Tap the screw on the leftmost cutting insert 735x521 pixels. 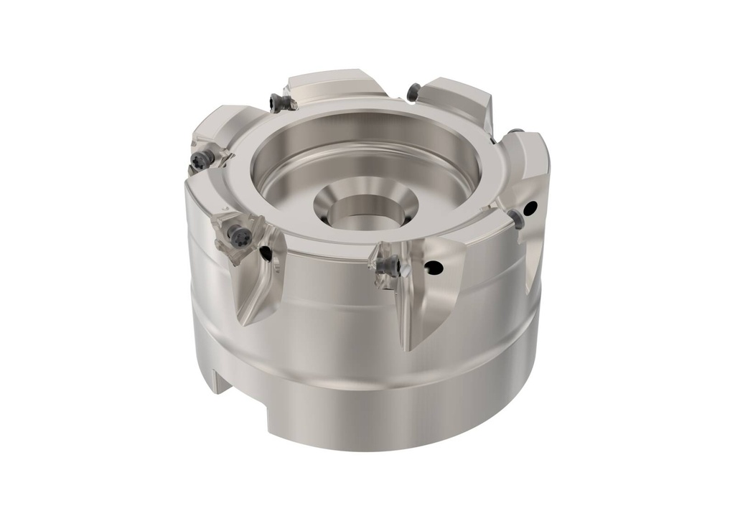pyautogui.click(x=200, y=159)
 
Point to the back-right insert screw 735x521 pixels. pyautogui.click(x=413, y=91)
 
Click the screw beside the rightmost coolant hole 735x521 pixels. pyautogui.click(x=518, y=220)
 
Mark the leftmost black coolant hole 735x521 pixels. pyautogui.click(x=266, y=253)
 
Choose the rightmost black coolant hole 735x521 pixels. pyautogui.click(x=530, y=209)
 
